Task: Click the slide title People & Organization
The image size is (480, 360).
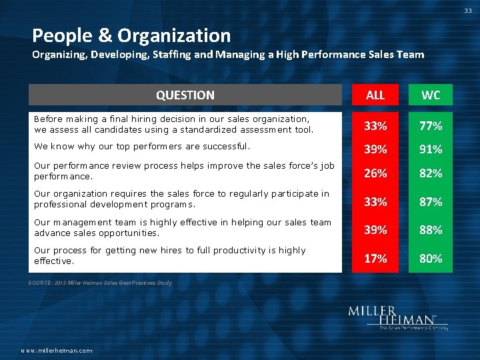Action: click(x=131, y=35)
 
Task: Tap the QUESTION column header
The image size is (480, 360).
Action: click(x=185, y=95)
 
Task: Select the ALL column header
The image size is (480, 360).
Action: click(x=375, y=95)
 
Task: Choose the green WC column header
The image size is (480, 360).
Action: click(x=431, y=95)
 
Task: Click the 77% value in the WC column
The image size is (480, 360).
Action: click(x=431, y=125)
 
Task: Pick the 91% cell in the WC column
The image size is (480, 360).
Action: click(x=431, y=149)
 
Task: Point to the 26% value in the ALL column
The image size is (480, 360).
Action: click(x=375, y=173)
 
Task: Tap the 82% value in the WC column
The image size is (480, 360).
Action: click(x=431, y=173)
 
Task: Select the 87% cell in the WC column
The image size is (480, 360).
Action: click(x=431, y=201)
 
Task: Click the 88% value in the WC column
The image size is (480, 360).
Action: click(x=431, y=229)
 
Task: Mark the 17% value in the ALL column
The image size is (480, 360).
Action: click(x=375, y=258)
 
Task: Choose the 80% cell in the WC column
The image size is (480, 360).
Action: click(x=431, y=258)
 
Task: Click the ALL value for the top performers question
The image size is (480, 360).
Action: click(x=375, y=149)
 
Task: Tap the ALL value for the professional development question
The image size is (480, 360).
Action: click(x=375, y=201)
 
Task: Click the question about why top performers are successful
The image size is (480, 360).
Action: click(x=141, y=145)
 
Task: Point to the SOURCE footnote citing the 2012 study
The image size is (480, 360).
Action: click(x=100, y=283)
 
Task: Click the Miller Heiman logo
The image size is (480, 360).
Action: click(x=397, y=317)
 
